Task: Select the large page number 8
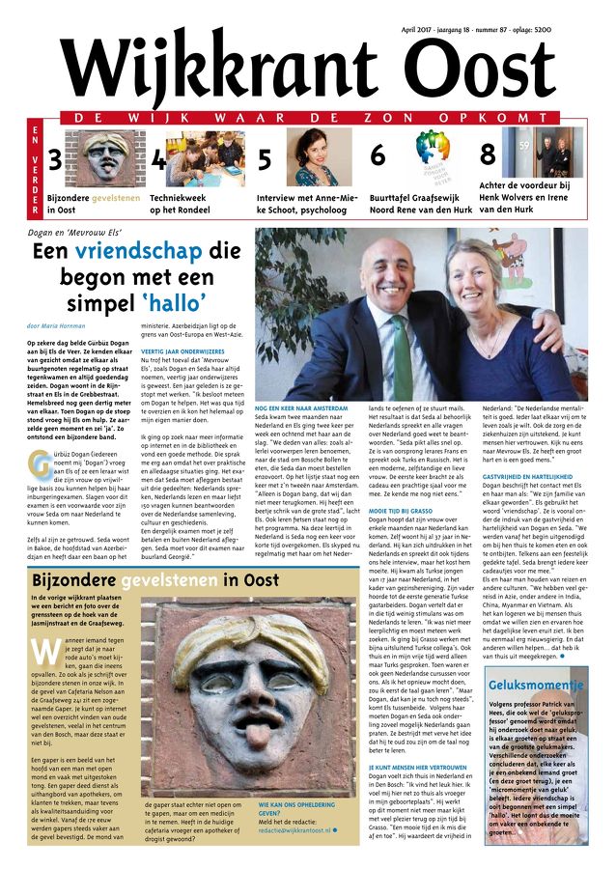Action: click(x=489, y=154)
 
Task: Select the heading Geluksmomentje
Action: click(x=538, y=686)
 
